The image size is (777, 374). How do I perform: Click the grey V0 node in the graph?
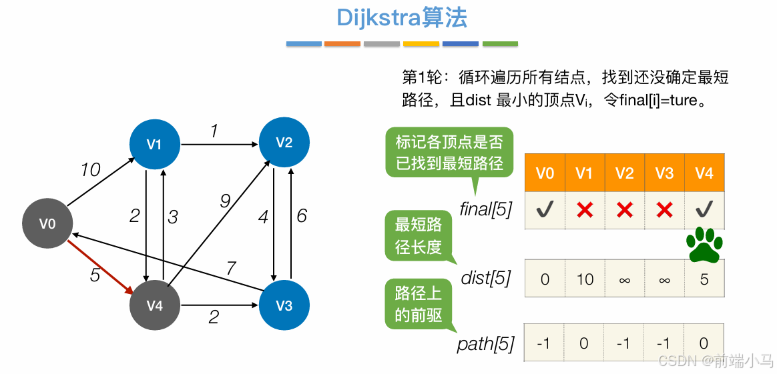47,224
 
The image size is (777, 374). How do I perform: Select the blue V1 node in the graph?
154,143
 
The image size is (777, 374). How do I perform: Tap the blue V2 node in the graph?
284,142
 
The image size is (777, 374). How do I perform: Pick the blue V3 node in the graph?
284,306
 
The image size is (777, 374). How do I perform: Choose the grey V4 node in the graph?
155,305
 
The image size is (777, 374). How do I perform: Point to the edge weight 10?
90,171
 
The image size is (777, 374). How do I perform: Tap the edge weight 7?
231,268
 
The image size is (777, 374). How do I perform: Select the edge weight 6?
302,216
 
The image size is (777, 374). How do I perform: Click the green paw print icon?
704,244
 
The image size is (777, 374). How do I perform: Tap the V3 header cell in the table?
664,173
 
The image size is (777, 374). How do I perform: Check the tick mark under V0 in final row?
545,211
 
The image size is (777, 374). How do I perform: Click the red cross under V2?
625,211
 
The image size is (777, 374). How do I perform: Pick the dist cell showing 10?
585,279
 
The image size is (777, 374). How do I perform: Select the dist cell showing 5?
704,279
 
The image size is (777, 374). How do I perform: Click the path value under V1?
585,343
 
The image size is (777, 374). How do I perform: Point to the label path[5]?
486,344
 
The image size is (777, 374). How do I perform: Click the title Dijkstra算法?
402,18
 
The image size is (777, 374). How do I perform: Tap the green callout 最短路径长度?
418,236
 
